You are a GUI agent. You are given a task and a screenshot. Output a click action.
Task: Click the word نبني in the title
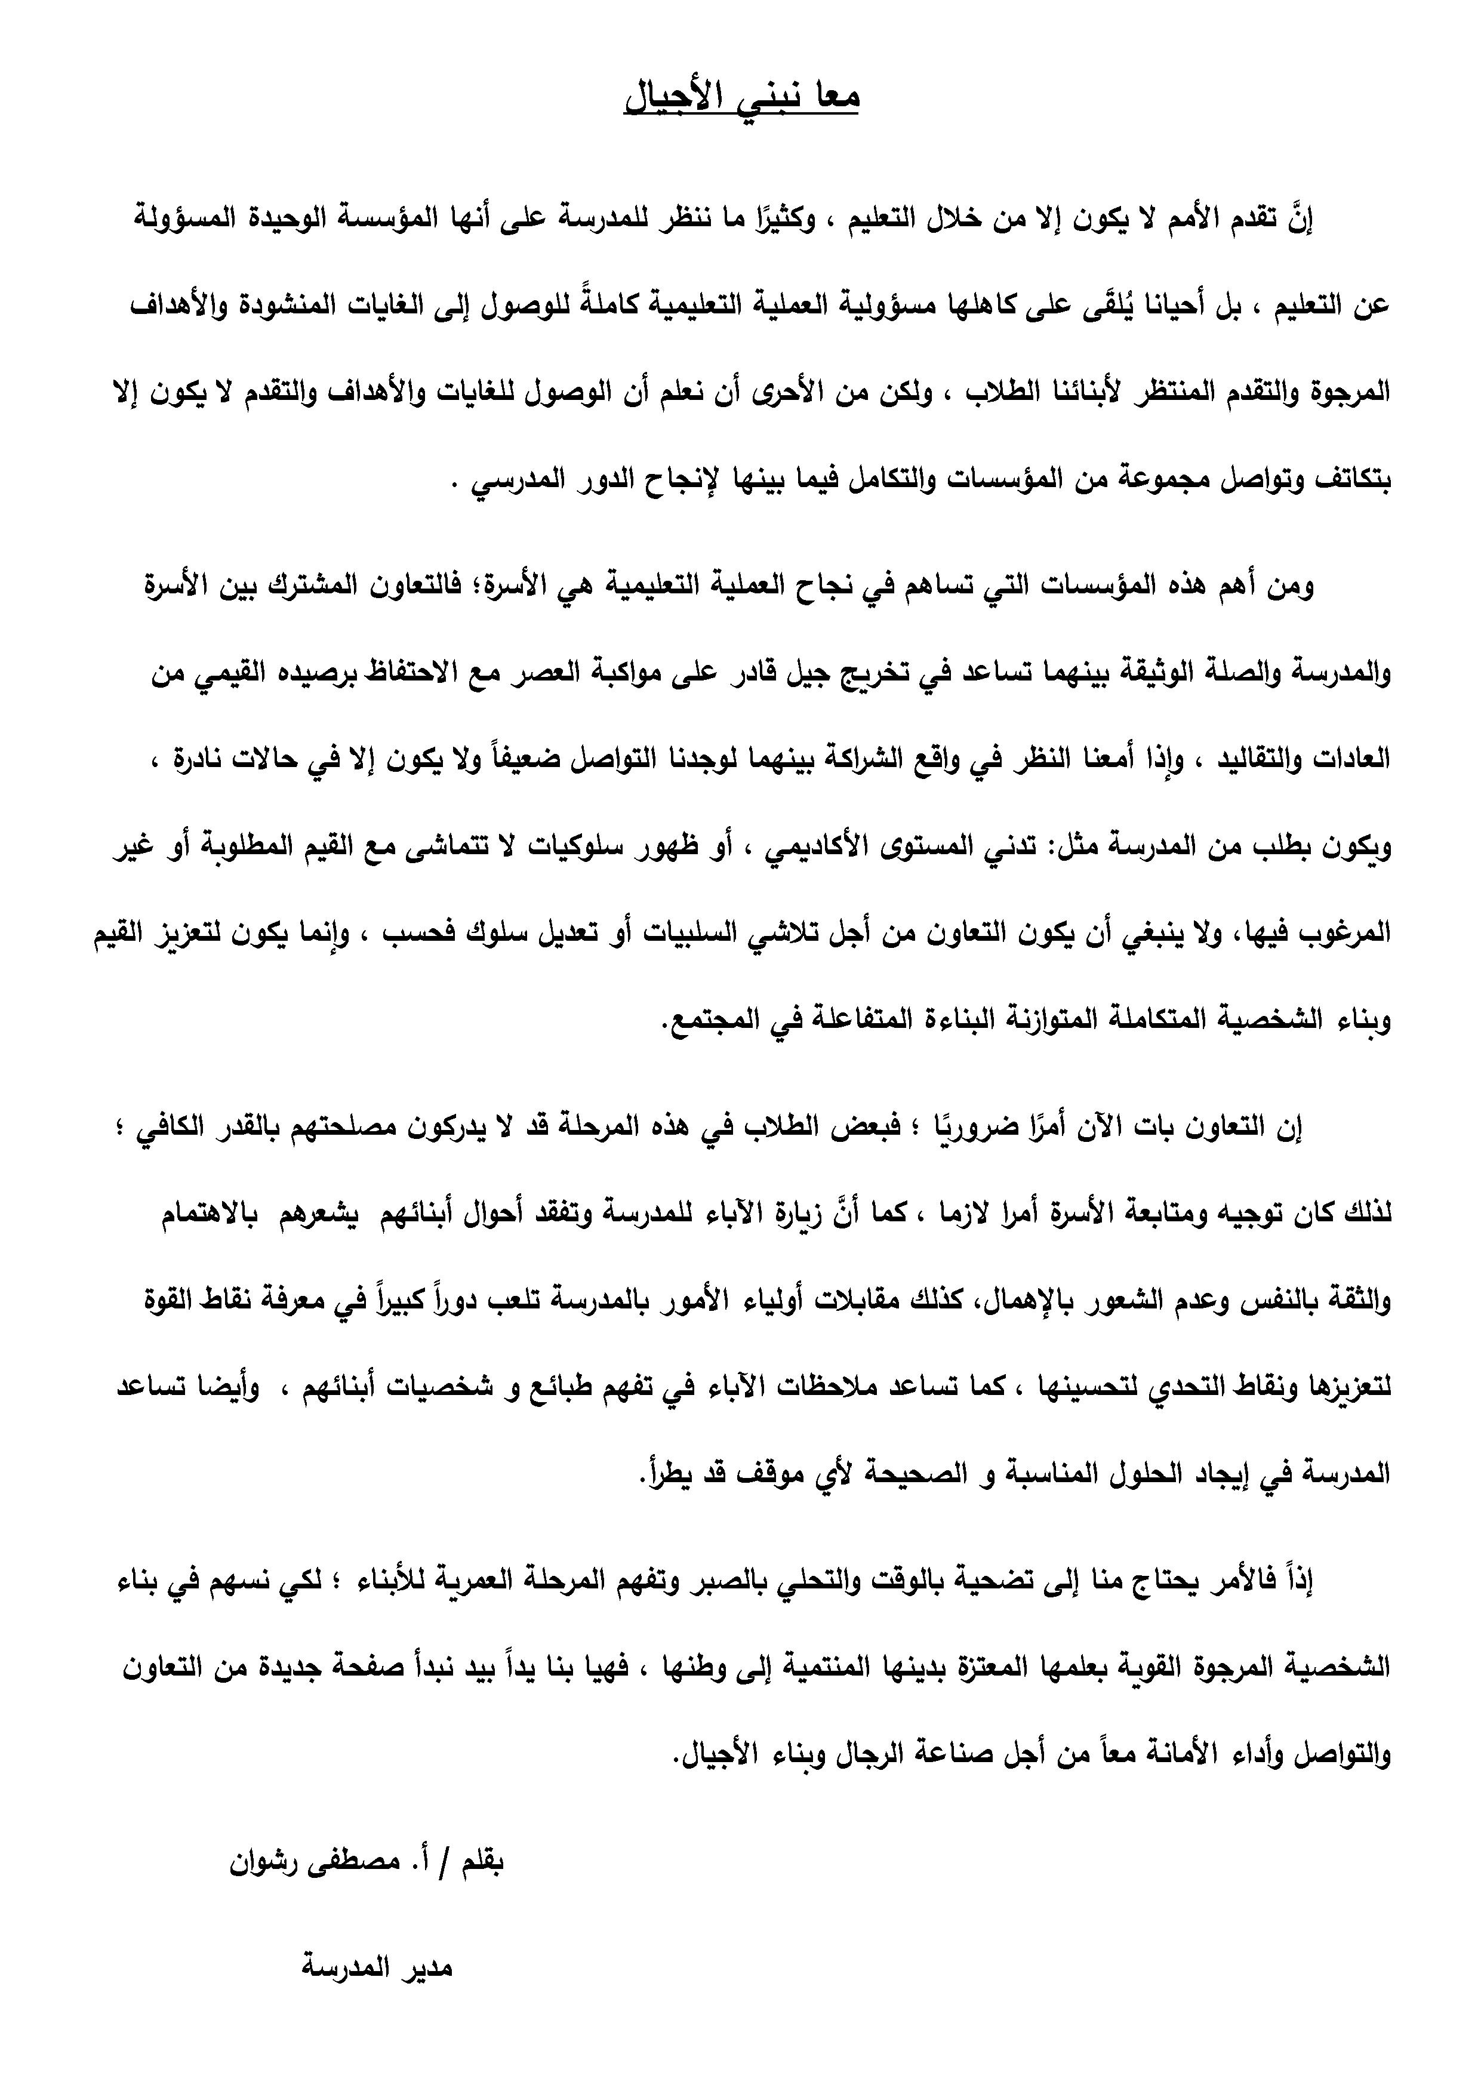pyautogui.click(x=764, y=97)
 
